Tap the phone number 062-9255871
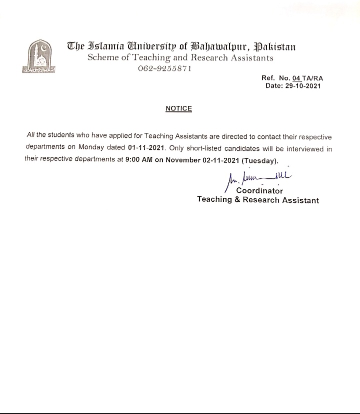(164, 68)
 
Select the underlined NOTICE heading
(178, 108)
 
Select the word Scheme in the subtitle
(102, 57)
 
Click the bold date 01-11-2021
(146, 148)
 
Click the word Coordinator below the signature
(259, 190)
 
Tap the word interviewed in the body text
(298, 148)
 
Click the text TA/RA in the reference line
(310, 78)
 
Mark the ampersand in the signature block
(237, 200)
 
